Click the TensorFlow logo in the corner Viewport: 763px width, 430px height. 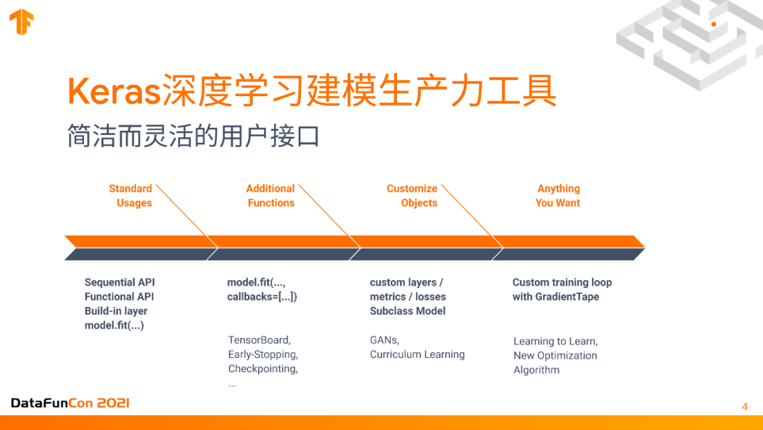21,22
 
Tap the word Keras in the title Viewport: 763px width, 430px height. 113,91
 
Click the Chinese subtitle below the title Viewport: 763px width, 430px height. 193,136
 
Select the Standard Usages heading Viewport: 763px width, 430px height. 131,196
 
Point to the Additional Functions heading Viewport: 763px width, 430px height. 271,196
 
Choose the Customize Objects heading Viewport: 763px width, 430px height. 413,196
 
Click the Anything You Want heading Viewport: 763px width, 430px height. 558,196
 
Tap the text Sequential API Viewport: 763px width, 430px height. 119,282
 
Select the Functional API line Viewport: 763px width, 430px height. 119,296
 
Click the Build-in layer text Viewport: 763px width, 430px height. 116,311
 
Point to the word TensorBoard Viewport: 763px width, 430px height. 259,340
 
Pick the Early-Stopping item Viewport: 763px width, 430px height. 263,354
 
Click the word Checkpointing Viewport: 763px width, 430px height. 263,368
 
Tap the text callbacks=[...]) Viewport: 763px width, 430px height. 262,296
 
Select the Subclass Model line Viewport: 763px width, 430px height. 408,311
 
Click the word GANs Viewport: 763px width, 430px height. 384,340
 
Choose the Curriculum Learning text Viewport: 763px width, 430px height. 418,354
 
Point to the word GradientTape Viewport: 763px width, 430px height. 567,296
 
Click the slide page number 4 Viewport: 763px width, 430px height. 745,406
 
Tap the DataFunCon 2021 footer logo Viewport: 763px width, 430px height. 70,403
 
